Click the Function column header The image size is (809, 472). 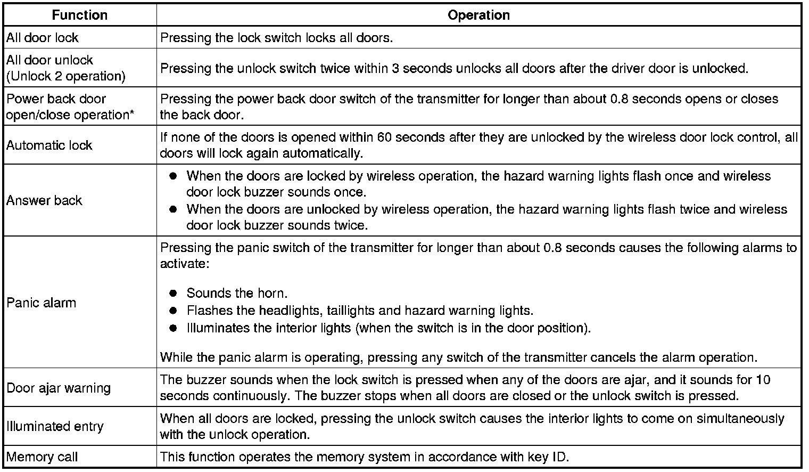[x=80, y=15]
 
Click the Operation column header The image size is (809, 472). [x=478, y=15]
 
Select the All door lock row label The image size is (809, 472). [x=42, y=38]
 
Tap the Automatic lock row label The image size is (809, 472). [x=49, y=145]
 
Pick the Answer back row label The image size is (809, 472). [x=44, y=200]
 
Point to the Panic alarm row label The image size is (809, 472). [x=41, y=303]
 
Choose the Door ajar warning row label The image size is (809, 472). [x=59, y=388]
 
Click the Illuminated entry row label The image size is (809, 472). [x=55, y=426]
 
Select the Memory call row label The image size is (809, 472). [x=42, y=457]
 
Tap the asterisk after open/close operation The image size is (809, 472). [x=131, y=113]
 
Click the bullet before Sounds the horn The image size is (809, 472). [x=173, y=294]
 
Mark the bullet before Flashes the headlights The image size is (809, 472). [x=173, y=311]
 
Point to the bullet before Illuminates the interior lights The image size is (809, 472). [x=173, y=328]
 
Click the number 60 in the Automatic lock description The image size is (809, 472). [x=384, y=137]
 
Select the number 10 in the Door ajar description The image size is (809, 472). [x=763, y=380]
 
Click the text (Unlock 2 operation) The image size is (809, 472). [x=66, y=76]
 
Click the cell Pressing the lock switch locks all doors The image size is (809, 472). [x=276, y=38]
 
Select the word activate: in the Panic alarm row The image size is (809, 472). [x=183, y=264]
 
